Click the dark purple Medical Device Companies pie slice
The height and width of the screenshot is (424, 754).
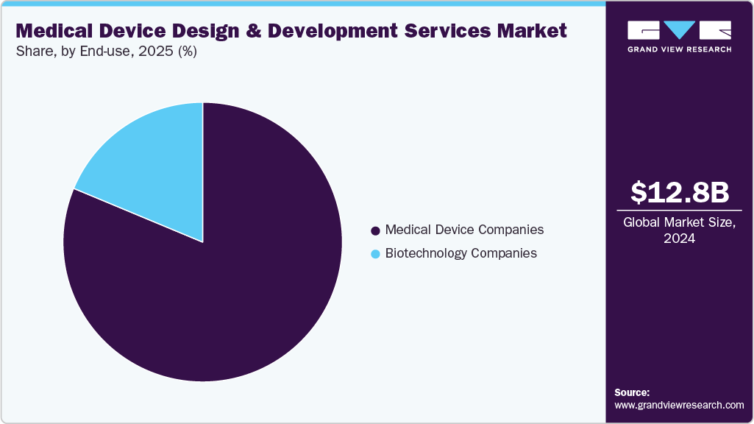tap(221, 294)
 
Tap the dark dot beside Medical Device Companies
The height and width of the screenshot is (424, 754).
tap(375, 230)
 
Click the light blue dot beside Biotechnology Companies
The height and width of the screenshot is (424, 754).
tap(375, 254)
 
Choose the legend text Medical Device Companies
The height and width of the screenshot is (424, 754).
tap(464, 230)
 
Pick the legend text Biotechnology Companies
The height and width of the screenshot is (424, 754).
tap(460, 253)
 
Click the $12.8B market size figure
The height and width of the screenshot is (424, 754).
tap(680, 192)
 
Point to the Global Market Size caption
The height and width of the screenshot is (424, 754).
tap(680, 223)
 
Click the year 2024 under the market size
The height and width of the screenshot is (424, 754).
tap(680, 239)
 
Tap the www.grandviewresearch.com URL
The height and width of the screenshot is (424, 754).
tap(679, 405)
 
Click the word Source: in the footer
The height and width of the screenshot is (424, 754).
tap(632, 392)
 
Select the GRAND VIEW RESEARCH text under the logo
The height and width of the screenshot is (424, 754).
tap(679, 49)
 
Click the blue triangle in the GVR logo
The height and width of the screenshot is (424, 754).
tap(680, 29)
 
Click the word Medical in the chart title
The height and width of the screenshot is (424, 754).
tap(54, 31)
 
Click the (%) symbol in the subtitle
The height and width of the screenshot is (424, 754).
tap(185, 52)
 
